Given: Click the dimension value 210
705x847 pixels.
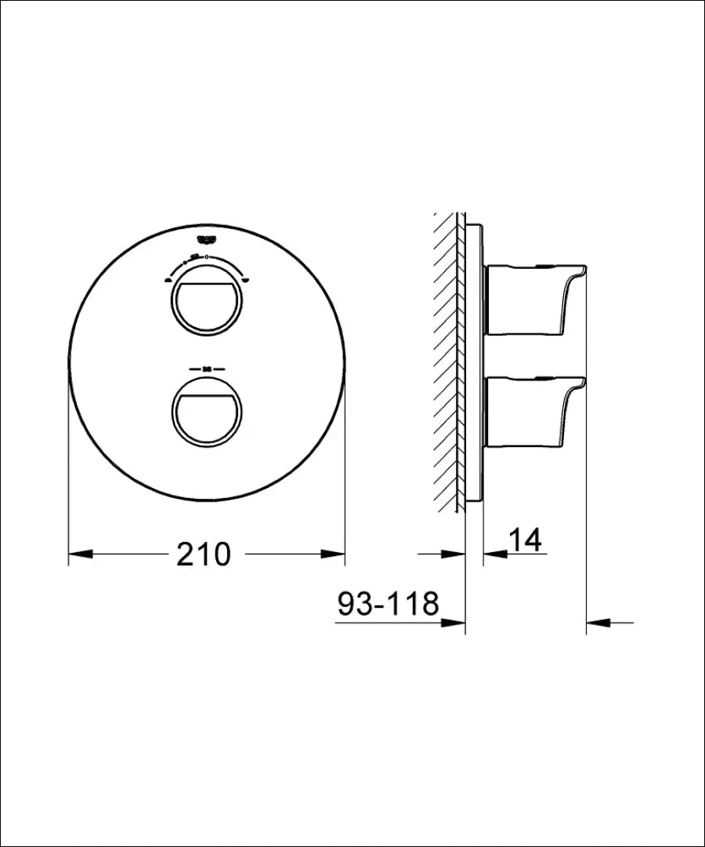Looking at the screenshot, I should [203, 554].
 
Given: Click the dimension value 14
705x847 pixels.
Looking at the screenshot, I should [526, 540].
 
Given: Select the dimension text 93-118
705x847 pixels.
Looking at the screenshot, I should [388, 604].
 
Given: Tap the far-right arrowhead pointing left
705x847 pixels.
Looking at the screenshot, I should [599, 623].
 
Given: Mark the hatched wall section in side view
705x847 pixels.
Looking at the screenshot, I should [448, 361].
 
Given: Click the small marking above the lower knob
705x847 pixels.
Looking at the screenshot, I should [208, 368].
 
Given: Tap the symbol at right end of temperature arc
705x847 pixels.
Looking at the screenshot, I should [246, 280].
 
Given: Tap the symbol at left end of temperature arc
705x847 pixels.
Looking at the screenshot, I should [168, 280].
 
